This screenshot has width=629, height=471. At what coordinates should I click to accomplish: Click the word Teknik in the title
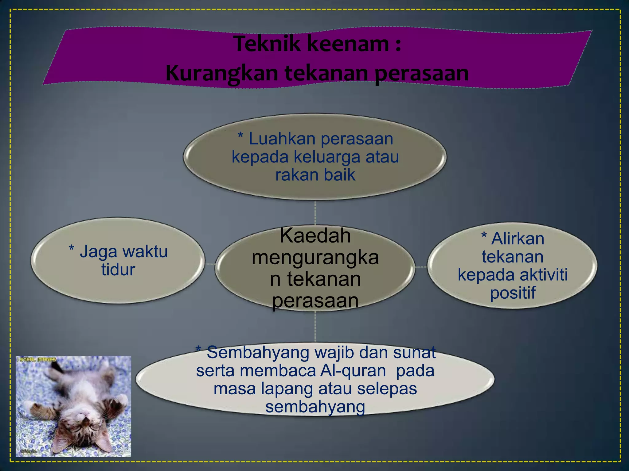tap(267, 44)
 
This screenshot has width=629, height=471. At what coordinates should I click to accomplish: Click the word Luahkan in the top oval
tap(282, 139)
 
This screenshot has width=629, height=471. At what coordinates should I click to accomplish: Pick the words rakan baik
tap(315, 175)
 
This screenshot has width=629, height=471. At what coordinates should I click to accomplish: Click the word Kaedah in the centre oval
tap(315, 236)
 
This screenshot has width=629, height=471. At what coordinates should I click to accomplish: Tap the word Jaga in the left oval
tap(99, 252)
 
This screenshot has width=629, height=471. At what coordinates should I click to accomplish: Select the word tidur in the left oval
tap(118, 270)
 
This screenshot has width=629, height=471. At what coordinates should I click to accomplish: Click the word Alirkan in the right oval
tap(518, 239)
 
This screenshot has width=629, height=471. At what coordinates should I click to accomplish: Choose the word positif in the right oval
tap(513, 293)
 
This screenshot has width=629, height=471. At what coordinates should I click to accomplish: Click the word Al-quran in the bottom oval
tap(353, 371)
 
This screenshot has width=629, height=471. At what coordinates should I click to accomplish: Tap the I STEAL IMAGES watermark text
tap(37, 359)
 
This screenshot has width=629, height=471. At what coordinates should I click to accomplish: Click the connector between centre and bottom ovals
tap(315, 327)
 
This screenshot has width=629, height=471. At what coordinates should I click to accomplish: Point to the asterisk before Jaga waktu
tap(72, 248)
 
